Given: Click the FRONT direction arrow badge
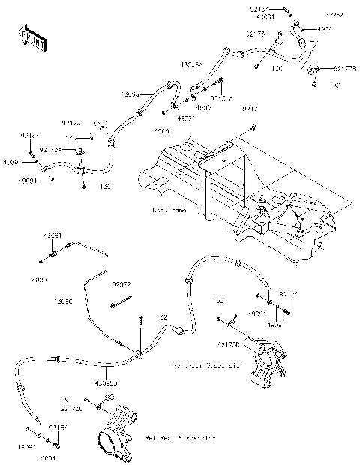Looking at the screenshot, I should click(30, 35).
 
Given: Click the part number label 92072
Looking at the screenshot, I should click(122, 285).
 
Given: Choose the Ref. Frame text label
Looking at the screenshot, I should click(167, 211).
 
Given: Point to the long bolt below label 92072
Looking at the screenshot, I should click(124, 303).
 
